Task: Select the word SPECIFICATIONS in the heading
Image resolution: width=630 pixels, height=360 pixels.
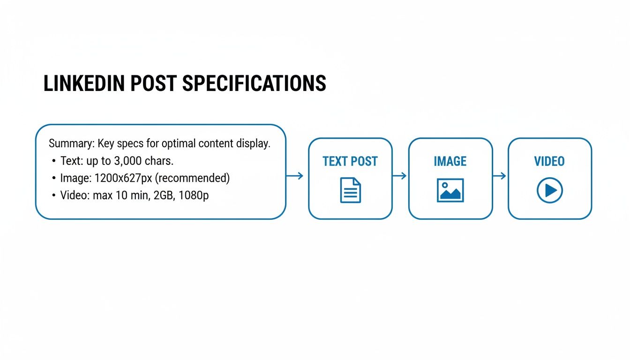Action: pyautogui.click(x=254, y=83)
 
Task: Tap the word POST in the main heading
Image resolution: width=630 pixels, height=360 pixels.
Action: pyautogui.click(x=151, y=83)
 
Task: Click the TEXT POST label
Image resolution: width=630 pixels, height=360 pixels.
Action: pyautogui.click(x=350, y=162)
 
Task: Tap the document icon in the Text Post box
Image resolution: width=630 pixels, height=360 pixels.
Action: pyautogui.click(x=350, y=190)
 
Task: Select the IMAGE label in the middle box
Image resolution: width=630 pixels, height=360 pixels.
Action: pyautogui.click(x=450, y=162)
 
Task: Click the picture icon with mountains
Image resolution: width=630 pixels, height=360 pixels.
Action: pyautogui.click(x=450, y=190)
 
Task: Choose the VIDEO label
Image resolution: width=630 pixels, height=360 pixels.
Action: pyautogui.click(x=549, y=162)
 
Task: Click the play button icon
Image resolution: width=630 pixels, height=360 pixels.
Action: pyautogui.click(x=549, y=190)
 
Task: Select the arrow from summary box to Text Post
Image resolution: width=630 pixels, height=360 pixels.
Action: pyautogui.click(x=295, y=176)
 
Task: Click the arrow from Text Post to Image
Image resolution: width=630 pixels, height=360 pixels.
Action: pyautogui.click(x=399, y=176)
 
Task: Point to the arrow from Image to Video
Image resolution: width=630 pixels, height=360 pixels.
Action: pyautogui.click(x=500, y=176)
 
